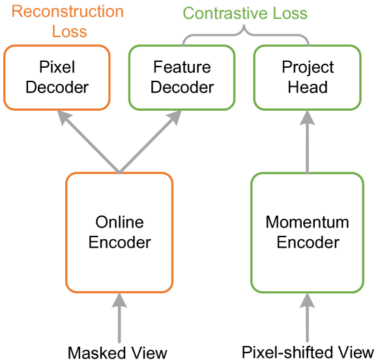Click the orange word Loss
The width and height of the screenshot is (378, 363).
[x=69, y=32]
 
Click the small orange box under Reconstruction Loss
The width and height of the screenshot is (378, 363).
[x=57, y=78]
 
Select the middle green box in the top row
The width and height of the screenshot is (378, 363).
[x=182, y=78]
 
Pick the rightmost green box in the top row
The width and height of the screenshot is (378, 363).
[x=306, y=78]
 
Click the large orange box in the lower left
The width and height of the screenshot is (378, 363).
[x=119, y=233]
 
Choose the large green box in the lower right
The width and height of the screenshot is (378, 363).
[x=306, y=233]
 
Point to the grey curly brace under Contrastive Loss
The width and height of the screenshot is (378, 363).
[x=244, y=36]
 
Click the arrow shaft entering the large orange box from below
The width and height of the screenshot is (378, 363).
[x=119, y=326]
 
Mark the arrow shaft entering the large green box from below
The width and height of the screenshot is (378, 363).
[x=306, y=326]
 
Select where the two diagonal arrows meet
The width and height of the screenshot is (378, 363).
[x=119, y=172]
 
